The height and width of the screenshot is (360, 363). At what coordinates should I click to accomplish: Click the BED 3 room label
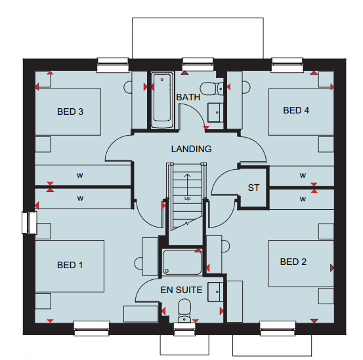pos(70,111)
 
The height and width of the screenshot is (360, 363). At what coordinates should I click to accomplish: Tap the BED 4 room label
pos(296,110)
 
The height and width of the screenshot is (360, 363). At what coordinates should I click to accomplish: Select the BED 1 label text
pos(70,265)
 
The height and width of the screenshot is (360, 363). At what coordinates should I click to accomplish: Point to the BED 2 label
pos(293,262)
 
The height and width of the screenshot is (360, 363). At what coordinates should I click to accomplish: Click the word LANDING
pos(191,149)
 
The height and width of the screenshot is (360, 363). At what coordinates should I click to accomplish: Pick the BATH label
pos(188,97)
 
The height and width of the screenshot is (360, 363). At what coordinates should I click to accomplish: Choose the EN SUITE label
pos(181,290)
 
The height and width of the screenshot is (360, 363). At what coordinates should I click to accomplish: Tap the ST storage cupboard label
pos(253,188)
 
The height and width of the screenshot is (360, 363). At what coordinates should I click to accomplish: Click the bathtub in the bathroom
pos(162,100)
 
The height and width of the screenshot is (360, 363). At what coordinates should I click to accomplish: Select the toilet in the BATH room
pos(211,89)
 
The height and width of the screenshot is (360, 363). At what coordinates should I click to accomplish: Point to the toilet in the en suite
pos(184,311)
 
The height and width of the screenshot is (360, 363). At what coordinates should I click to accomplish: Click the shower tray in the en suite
pos(182,262)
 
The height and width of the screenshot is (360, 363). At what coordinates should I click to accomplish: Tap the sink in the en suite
pos(215,292)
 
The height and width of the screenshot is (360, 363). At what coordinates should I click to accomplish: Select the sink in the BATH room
pos(215,113)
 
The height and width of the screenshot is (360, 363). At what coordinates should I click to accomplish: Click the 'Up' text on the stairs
pos(187,199)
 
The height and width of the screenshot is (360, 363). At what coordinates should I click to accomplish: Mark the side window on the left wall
pos(30,223)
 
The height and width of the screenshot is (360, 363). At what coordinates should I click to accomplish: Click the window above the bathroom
pos(198,64)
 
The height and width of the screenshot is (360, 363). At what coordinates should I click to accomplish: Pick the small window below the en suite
pos(184,329)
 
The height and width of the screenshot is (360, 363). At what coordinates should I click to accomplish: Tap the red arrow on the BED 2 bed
pos(332,268)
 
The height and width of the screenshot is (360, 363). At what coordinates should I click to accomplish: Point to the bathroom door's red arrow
pos(206,128)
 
